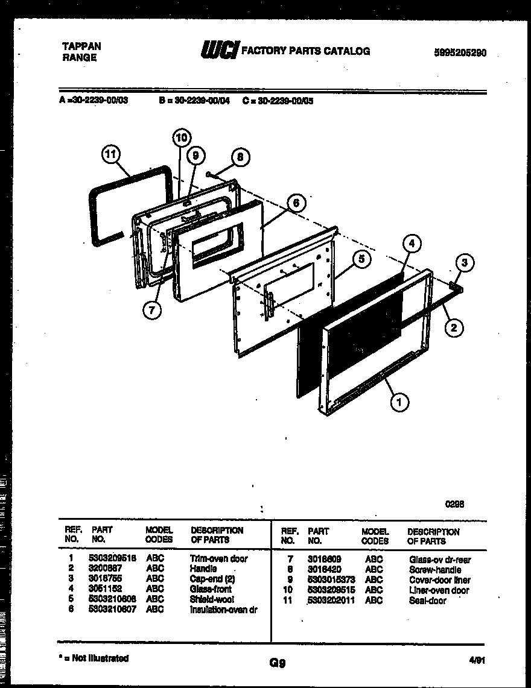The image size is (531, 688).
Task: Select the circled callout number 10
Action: (181, 138)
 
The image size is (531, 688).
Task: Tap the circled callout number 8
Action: (240, 157)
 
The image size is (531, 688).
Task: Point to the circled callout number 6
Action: (295, 203)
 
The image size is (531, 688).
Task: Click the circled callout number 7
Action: (152, 310)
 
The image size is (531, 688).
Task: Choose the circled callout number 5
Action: (361, 260)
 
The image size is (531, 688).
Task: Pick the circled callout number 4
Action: (411, 244)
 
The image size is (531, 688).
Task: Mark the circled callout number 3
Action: (464, 263)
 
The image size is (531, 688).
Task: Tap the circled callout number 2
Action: (454, 328)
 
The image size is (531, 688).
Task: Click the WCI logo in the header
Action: (220, 51)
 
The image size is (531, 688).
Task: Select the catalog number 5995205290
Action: (460, 53)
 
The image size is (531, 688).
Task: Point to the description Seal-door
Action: (428, 601)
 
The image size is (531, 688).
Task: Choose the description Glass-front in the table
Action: (211, 589)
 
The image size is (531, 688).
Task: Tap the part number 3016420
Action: (324, 570)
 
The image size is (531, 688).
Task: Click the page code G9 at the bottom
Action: (277, 663)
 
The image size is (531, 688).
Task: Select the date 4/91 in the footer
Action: (477, 660)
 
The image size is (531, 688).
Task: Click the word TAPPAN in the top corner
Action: (81, 46)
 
